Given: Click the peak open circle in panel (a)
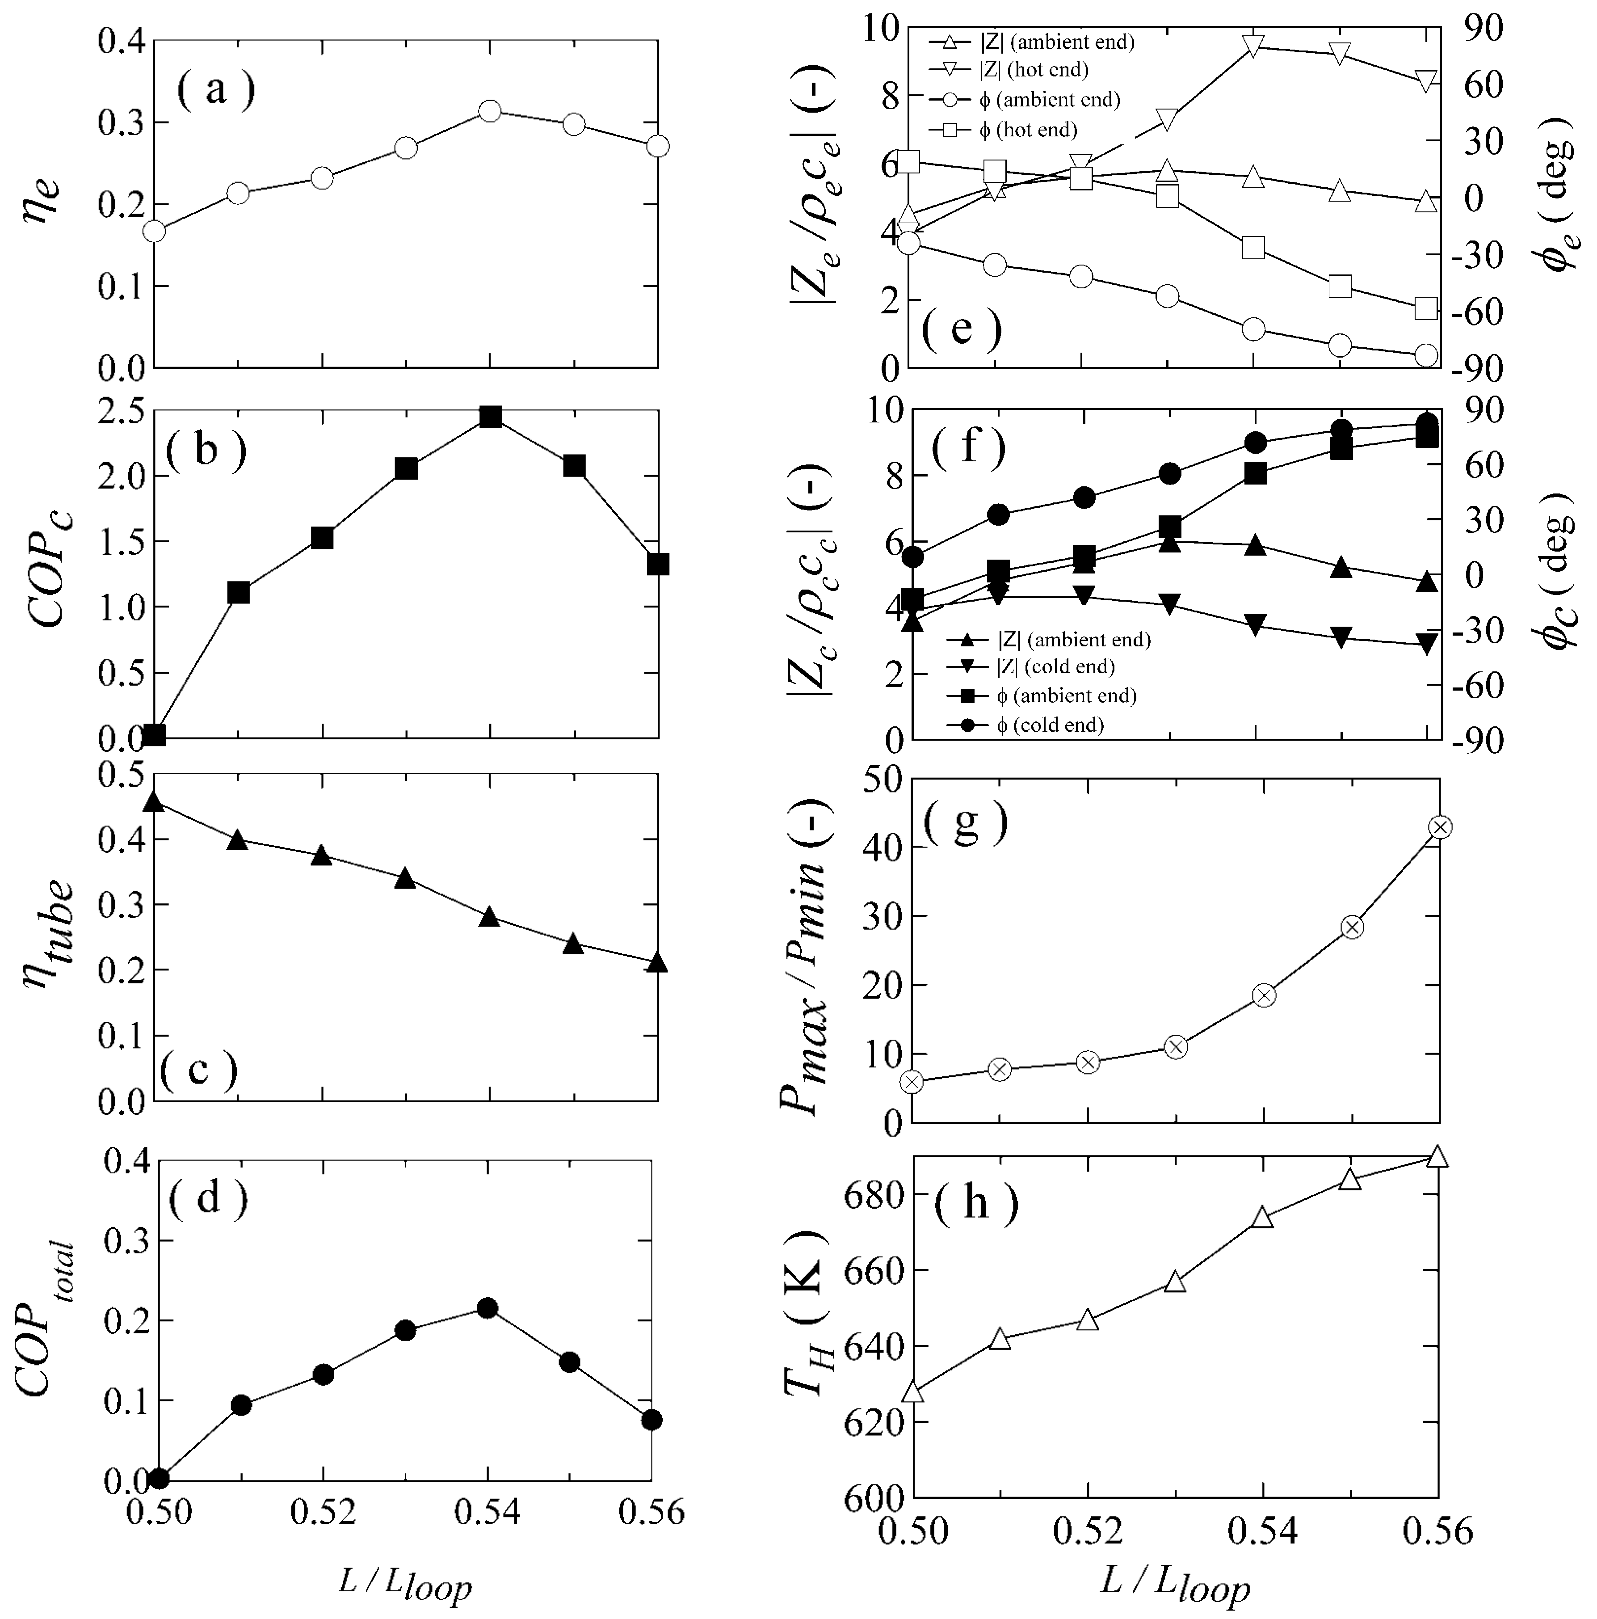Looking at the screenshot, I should (x=490, y=111).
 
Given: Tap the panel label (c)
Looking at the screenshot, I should (x=198, y=1069).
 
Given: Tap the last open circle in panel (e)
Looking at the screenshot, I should (x=1425, y=355).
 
